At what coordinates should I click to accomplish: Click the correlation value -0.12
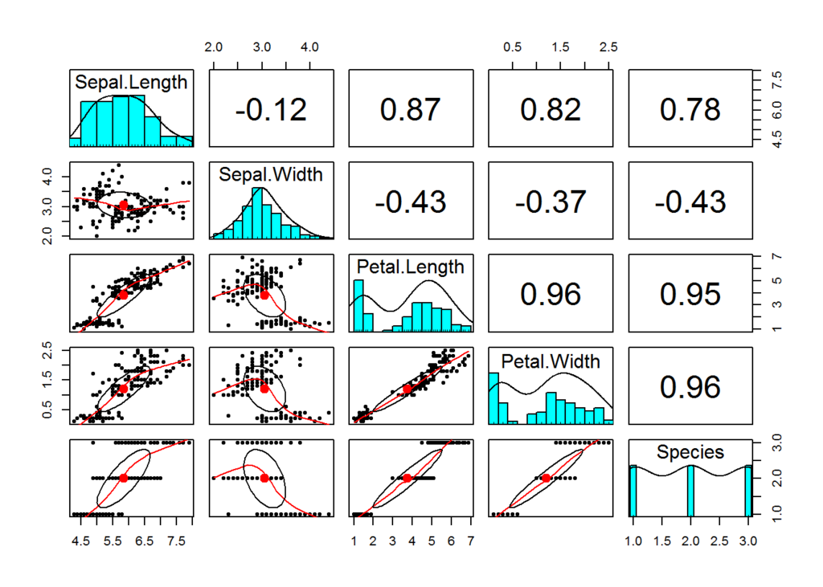[271, 110]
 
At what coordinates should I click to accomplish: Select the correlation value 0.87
[411, 110]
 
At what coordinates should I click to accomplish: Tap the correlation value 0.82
[551, 110]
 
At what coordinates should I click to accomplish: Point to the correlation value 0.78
[690, 110]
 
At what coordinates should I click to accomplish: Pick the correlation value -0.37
[551, 202]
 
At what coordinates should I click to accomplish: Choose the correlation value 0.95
[690, 295]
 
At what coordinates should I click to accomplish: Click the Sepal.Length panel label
[131, 82]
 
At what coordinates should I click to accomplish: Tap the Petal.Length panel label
[410, 267]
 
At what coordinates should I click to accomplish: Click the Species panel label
[690, 452]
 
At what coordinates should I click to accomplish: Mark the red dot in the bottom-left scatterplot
[124, 478]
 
